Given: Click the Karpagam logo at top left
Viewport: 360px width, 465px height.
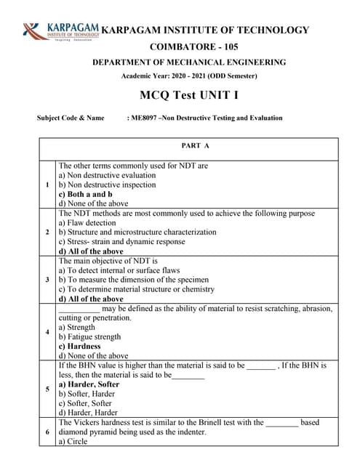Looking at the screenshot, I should tap(60, 31).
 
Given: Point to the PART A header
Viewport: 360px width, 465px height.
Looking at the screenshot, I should tap(196, 145).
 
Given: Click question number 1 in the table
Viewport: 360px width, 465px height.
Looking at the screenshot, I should tap(47, 185).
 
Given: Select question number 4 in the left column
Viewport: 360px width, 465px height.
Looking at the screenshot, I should tap(47, 332).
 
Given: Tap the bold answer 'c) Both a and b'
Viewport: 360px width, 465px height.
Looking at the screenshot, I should tap(85, 194).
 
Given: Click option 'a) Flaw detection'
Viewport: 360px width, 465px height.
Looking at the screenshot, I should tap(87, 223).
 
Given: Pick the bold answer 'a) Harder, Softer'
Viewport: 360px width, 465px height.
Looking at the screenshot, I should tap(89, 384).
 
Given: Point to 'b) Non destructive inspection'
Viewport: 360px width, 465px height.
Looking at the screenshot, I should tap(107, 185).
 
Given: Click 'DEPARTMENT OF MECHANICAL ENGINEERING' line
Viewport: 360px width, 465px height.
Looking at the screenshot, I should tap(189, 62).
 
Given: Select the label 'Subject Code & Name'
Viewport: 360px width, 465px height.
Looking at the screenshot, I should tap(71, 118).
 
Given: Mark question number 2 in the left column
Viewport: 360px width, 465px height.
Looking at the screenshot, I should tap(47, 232).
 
